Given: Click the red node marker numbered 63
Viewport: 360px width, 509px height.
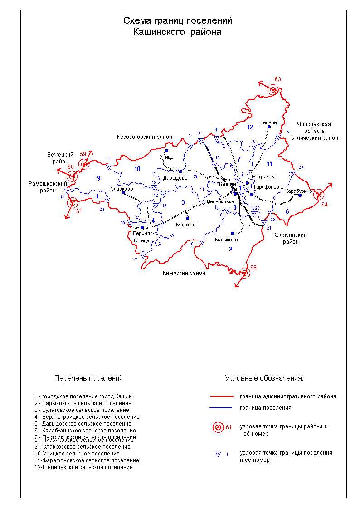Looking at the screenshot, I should click(272, 89).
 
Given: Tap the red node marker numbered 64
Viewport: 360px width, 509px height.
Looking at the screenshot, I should click(319, 195).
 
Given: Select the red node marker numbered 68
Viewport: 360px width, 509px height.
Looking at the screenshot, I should click(245, 273).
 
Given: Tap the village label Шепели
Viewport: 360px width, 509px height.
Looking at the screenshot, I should click(268, 122).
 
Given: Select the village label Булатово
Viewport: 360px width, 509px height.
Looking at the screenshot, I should click(187, 225).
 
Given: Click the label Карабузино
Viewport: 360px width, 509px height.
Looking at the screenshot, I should click(299, 191).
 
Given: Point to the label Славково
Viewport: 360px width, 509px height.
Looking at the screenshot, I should click(122, 189).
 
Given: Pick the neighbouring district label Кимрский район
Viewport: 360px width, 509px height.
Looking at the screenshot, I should click(184, 273).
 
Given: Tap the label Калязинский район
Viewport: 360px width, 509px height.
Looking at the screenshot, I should click(290, 238).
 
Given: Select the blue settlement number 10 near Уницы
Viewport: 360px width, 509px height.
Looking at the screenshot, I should click(137, 169).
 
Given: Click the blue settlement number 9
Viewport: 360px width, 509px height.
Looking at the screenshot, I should click(98, 178).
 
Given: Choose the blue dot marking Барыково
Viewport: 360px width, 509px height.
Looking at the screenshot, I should click(232, 233).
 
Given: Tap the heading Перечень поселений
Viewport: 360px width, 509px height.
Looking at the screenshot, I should click(88, 378).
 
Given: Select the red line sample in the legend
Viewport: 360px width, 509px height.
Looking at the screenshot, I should click(222, 396).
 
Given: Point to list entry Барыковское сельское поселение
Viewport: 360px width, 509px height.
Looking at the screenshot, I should click(83, 403).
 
